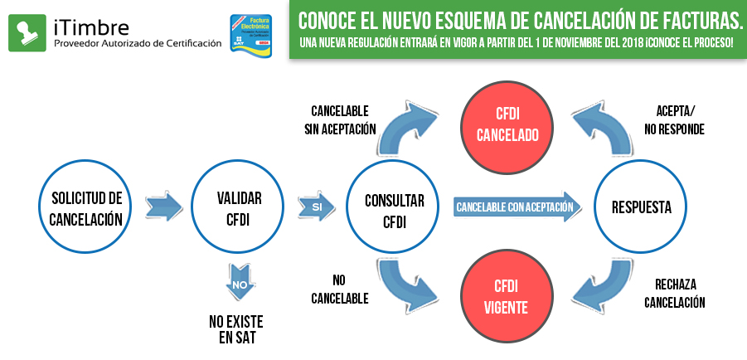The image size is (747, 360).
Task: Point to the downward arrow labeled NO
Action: [x=239, y=282]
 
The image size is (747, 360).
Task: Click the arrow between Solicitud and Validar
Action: [x=162, y=207]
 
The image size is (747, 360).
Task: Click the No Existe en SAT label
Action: [x=236, y=328]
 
